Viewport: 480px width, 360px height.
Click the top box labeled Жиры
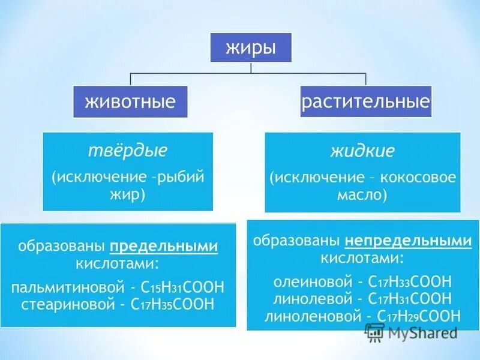(x=251, y=47)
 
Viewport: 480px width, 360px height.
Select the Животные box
(x=130, y=101)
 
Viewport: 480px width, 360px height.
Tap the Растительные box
(x=366, y=101)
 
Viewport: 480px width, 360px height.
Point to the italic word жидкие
(x=362, y=150)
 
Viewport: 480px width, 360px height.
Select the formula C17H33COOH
(x=412, y=281)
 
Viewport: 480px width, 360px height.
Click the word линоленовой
(x=303, y=316)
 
